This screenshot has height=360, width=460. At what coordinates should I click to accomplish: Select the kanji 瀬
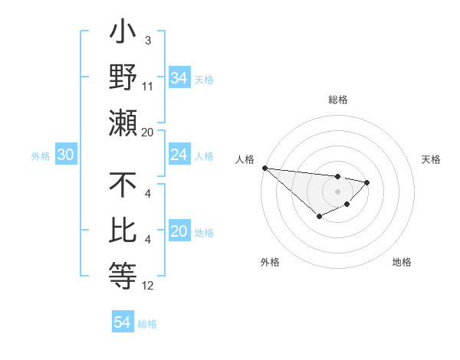point(123,123)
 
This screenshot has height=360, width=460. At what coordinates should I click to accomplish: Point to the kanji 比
point(123,231)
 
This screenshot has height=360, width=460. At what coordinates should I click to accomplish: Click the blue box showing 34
point(179,77)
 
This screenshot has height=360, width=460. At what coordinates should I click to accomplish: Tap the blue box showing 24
point(179,155)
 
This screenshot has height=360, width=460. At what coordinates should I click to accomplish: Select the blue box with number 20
point(179,231)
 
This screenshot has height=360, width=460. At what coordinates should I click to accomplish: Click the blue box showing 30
point(65,155)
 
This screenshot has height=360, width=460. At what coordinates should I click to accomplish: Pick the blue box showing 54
point(122,322)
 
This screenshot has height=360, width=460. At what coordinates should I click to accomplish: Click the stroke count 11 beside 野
point(148,87)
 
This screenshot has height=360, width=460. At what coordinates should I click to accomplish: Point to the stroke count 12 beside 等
point(148,286)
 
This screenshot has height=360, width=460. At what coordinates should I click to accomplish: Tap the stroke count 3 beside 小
point(147,39)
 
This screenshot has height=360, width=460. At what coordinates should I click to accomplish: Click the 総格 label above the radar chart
point(337,100)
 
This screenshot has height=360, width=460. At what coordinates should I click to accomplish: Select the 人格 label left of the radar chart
point(246,159)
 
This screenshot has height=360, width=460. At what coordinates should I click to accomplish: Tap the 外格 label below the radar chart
point(270,262)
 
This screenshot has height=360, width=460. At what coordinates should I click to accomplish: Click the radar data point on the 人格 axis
point(264,168)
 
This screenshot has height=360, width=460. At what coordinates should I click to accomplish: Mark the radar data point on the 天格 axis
point(367,182)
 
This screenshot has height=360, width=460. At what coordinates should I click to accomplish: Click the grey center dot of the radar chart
point(337,191)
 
